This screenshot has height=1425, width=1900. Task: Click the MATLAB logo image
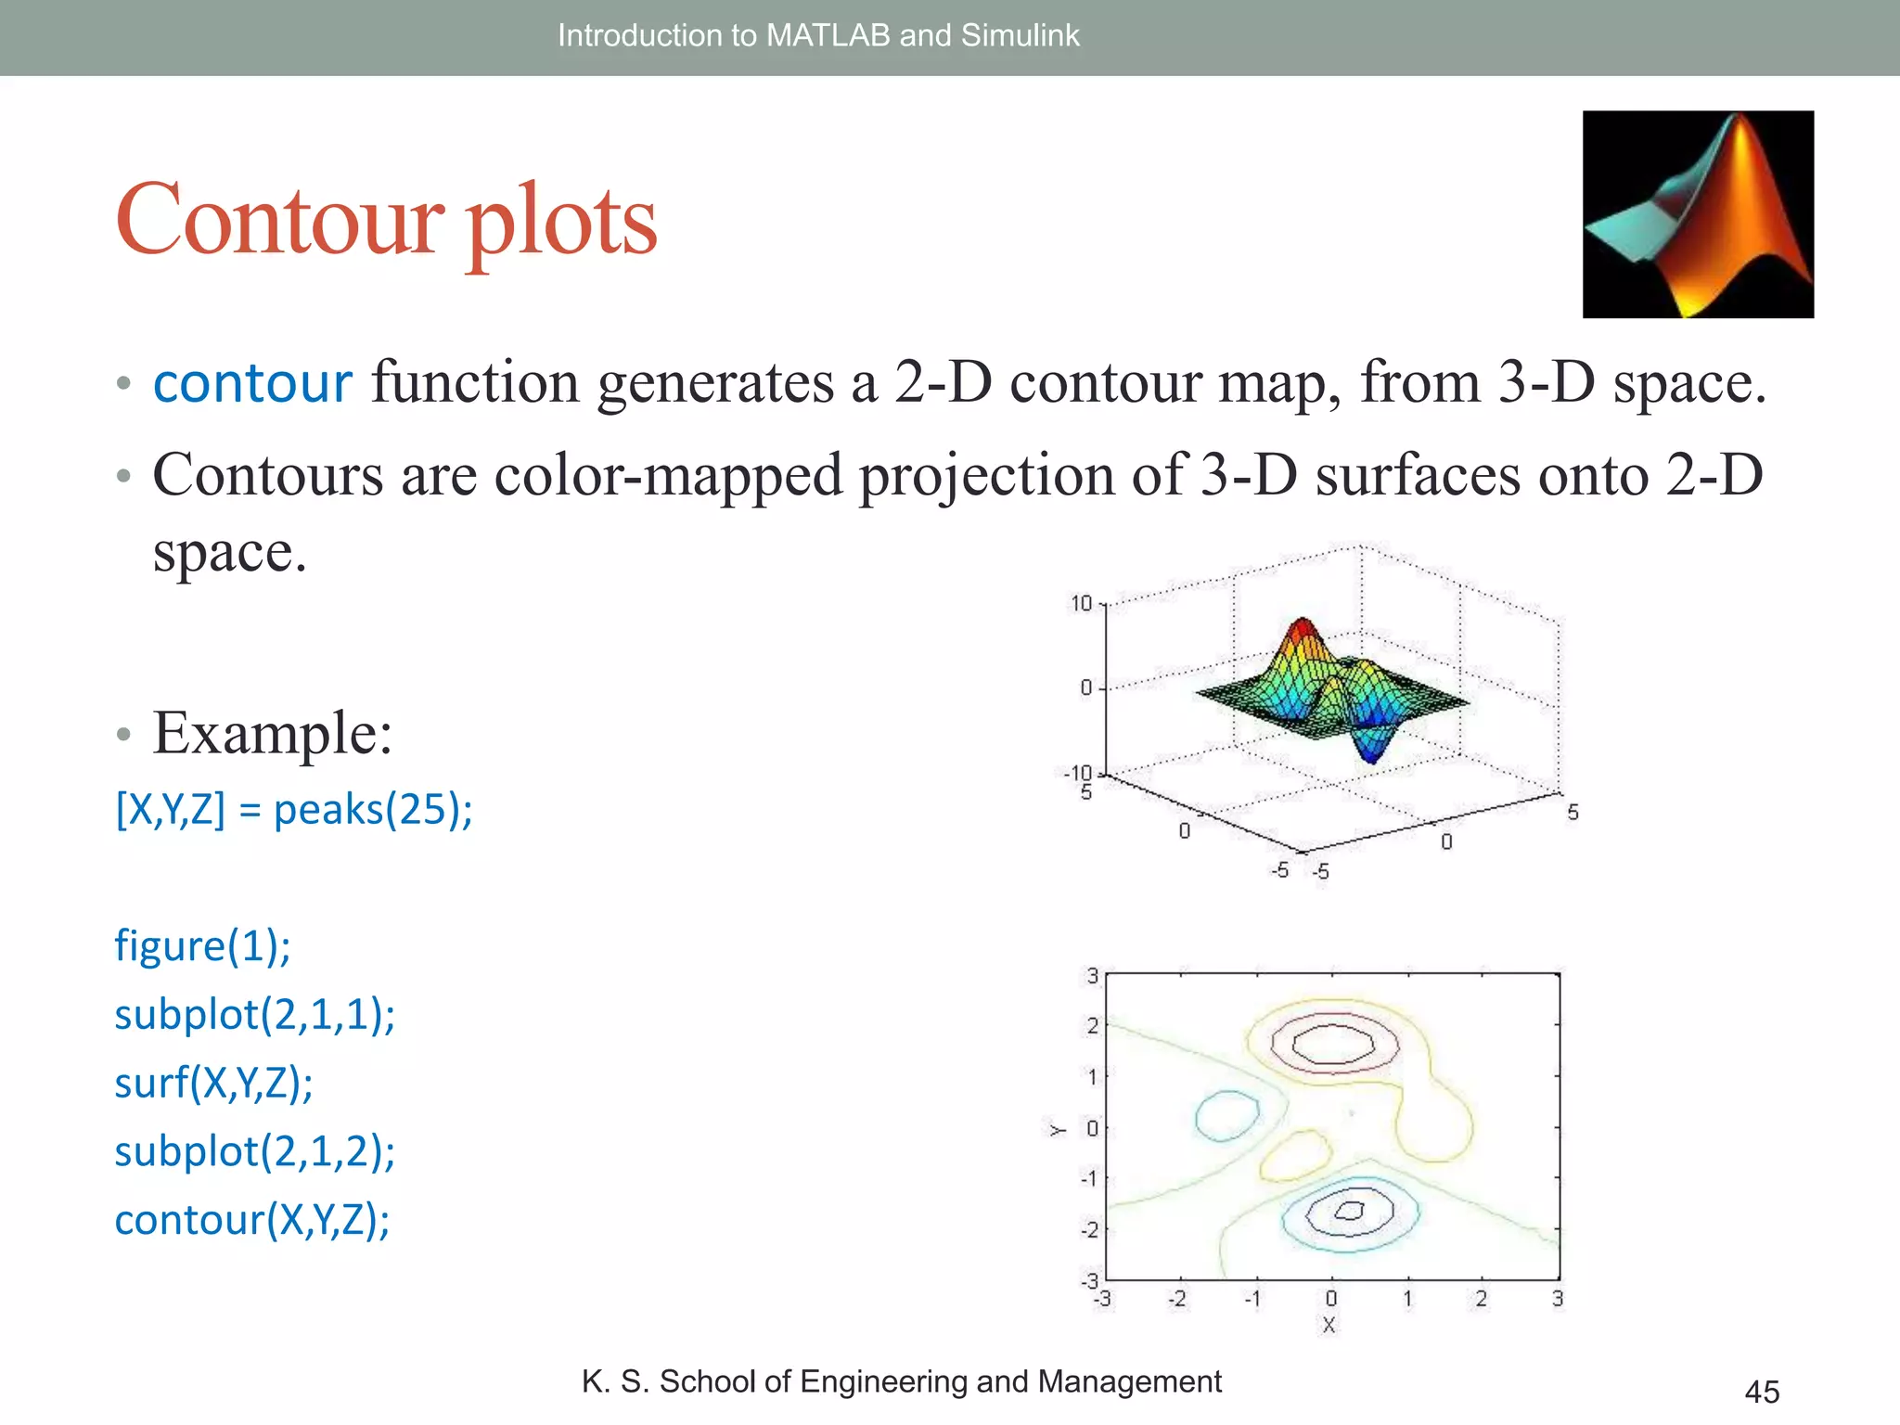point(1697,214)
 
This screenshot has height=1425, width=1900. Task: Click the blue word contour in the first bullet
point(252,383)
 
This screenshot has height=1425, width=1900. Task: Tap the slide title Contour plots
point(386,220)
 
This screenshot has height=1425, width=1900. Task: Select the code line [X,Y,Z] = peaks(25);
point(294,809)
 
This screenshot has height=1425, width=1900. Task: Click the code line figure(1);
point(202,946)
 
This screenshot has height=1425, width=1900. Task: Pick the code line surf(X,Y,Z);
point(213,1083)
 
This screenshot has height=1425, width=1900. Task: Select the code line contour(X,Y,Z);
point(251,1220)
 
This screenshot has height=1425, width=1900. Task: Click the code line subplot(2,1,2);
point(254,1151)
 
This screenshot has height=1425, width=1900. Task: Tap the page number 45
point(1761,1392)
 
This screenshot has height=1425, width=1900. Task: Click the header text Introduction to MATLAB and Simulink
point(817,35)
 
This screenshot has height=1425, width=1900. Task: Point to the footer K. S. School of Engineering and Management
point(901,1381)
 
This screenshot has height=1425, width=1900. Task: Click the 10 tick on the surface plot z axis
point(1082,604)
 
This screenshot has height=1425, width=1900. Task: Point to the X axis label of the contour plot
point(1329,1325)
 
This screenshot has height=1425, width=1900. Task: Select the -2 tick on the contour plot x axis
point(1176,1299)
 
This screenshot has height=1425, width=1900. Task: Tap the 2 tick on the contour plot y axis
point(1092,1026)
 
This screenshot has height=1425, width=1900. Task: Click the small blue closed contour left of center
point(1226,1116)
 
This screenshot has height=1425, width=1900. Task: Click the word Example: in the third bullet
point(272,733)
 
